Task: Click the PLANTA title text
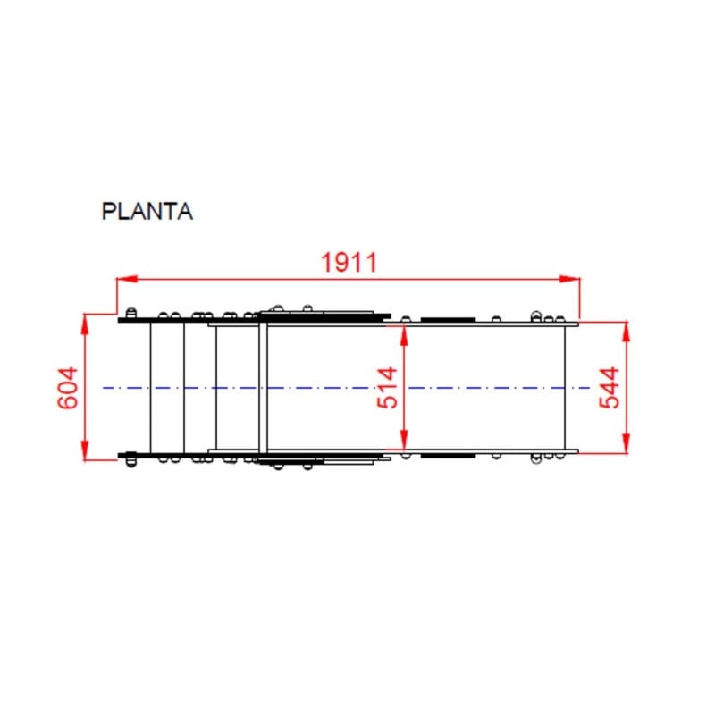click(x=147, y=212)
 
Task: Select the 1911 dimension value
click(x=349, y=262)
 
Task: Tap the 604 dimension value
click(x=68, y=388)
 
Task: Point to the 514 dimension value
click(x=388, y=388)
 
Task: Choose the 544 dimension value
click(x=610, y=388)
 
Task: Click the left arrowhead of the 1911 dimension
click(x=127, y=279)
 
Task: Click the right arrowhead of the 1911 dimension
click(x=570, y=279)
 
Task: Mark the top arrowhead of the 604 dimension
click(x=84, y=324)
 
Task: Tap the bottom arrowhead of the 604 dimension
click(x=84, y=451)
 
